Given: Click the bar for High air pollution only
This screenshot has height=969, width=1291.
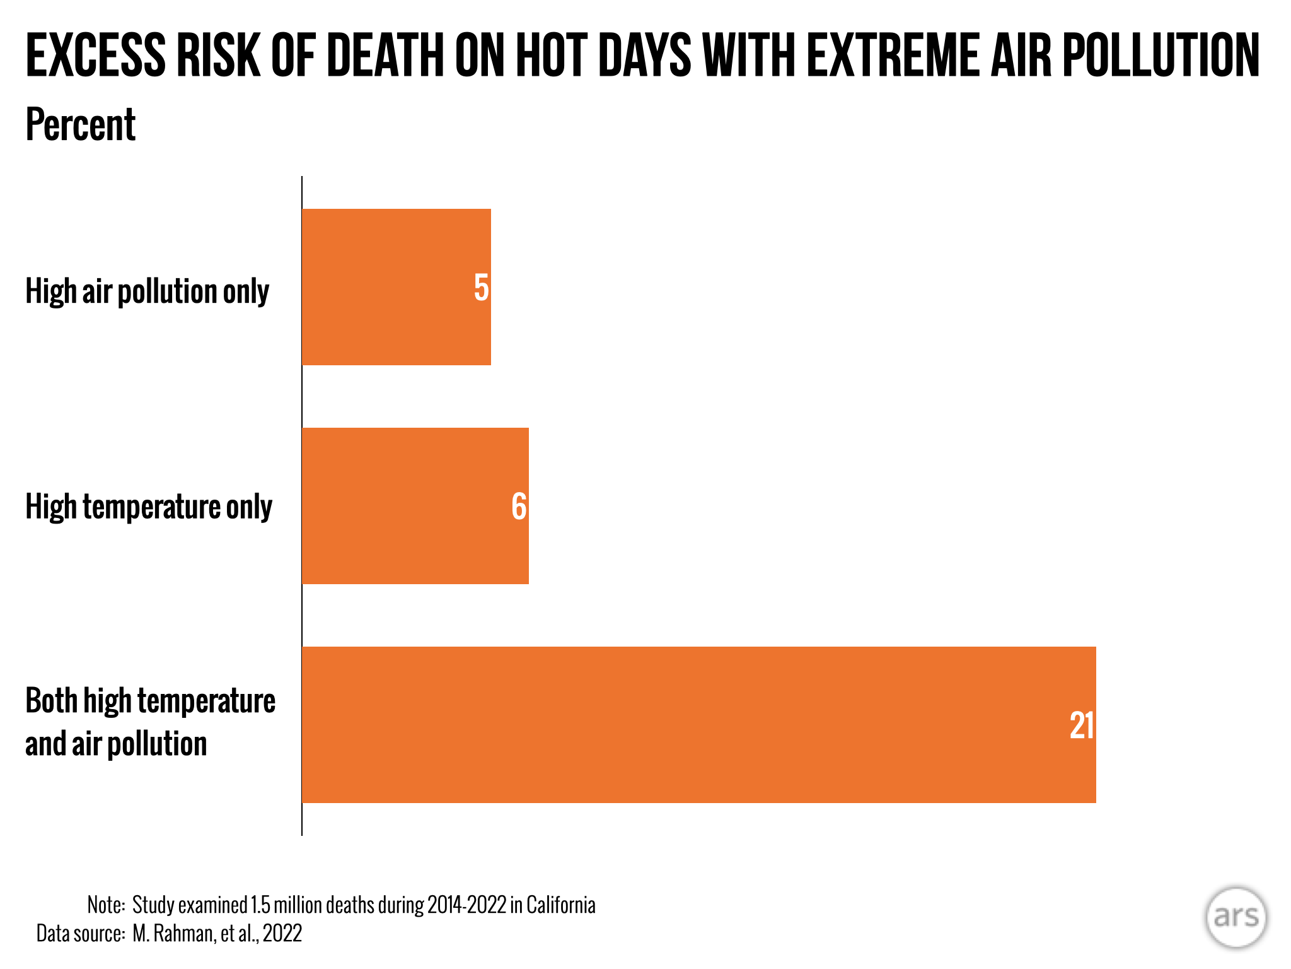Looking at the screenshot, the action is click(397, 287).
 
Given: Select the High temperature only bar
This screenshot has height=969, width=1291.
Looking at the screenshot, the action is click(415, 506).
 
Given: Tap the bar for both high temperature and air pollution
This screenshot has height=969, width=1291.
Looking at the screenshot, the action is click(699, 725).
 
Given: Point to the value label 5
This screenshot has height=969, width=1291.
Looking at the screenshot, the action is click(482, 288).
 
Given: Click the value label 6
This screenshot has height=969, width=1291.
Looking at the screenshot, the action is click(519, 507).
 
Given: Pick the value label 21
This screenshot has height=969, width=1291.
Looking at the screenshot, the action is click(1082, 725).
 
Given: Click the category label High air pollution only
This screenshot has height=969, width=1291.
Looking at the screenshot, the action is click(148, 291).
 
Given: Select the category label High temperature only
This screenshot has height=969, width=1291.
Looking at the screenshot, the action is click(149, 507).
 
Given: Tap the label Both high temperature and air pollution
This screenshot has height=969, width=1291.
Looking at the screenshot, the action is click(151, 722).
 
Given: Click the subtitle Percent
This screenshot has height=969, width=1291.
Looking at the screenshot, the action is click(81, 124).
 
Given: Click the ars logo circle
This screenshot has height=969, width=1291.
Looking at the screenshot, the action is click(1236, 917).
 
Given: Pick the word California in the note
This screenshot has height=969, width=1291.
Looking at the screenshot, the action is click(561, 905).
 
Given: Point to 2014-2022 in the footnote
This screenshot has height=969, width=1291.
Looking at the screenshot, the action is click(466, 905).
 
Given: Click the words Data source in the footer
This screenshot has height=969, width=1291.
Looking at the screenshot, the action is click(81, 933).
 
